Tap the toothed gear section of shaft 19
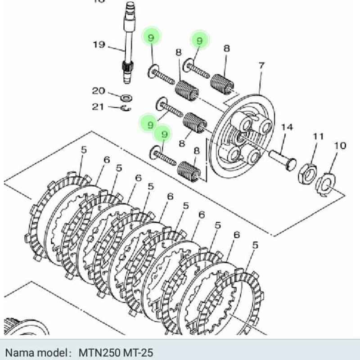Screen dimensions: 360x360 (x=127, y=70)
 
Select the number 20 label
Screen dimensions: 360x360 (x=99, y=91)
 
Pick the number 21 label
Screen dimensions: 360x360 (x=98, y=107)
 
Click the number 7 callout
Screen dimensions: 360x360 (x=261, y=67)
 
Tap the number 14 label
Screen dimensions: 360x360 (x=287, y=127)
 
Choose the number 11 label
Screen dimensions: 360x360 (x=319, y=136)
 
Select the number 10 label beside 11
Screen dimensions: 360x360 (x=340, y=145)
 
